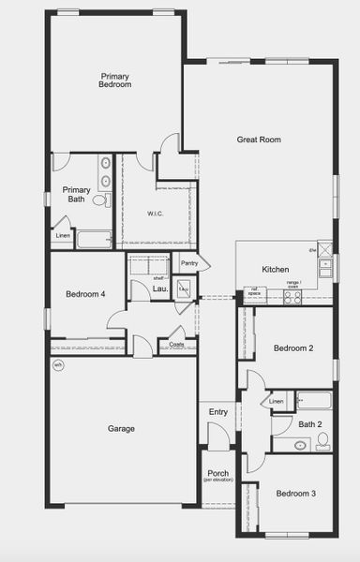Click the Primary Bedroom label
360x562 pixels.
114,80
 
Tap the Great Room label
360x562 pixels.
259,140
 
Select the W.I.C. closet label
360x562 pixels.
156,214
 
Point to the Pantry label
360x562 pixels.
189,264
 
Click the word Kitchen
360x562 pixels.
275,270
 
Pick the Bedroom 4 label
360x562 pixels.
85,294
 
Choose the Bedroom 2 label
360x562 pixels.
292,348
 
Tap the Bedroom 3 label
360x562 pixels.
294,493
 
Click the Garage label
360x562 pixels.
121,428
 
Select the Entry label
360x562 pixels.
218,412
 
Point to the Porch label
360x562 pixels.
217,473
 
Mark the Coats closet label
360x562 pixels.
176,345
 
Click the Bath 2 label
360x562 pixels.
310,424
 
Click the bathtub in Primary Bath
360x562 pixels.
93,240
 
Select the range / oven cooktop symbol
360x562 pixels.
292,297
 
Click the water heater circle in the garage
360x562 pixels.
58,365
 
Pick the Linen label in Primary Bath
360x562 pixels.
63,235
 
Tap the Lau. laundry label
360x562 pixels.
160,289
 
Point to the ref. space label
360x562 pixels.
250,291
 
